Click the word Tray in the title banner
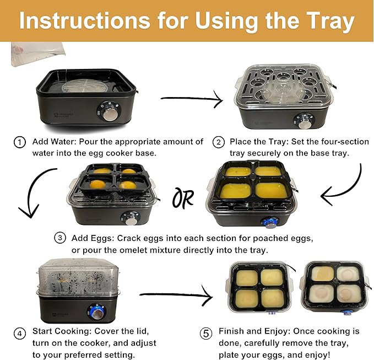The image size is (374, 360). (330, 22)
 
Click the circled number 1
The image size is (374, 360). (20, 142)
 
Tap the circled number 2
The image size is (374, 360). (219, 142)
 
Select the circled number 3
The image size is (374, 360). (60, 238)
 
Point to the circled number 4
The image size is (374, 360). (20, 334)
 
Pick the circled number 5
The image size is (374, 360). (206, 334)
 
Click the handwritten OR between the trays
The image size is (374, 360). (183, 198)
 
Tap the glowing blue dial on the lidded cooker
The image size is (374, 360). (96, 311)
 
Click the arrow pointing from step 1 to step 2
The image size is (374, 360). (192, 98)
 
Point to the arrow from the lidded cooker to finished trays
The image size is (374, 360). (176, 295)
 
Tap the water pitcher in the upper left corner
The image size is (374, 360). (37, 54)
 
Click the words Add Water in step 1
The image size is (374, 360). (54, 142)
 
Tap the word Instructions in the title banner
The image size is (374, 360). (85, 21)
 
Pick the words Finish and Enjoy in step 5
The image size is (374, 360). (254, 331)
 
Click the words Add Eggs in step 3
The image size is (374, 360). (91, 238)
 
